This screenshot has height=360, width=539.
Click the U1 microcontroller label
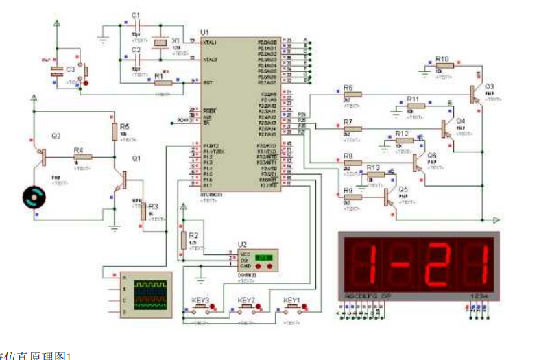pos(204,32)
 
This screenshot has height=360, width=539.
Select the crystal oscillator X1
pos(160,43)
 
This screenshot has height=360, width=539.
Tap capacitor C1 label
pos(136,15)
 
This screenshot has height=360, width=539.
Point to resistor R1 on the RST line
pos(163,82)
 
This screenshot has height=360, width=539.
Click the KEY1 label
pos(292,300)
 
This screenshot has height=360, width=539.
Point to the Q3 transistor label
pos(489,86)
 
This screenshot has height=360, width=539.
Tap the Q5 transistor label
pos(403,188)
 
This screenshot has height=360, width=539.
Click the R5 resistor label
pos(124,127)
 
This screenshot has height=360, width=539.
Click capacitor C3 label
pos(70,69)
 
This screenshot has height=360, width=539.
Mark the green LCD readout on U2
pos(263,257)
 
